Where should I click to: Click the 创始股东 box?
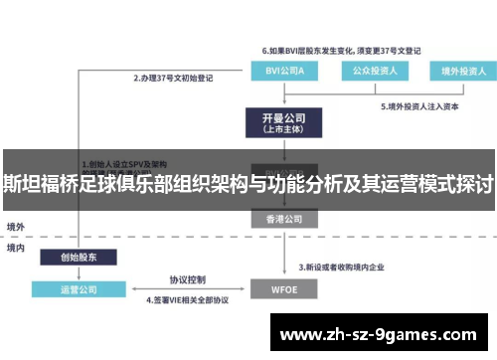pos(79,257)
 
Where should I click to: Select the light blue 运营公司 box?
pos(79,289)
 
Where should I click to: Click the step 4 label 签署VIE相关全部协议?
pos(188,299)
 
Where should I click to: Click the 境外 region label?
pos(16,227)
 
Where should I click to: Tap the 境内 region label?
pos(16,249)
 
